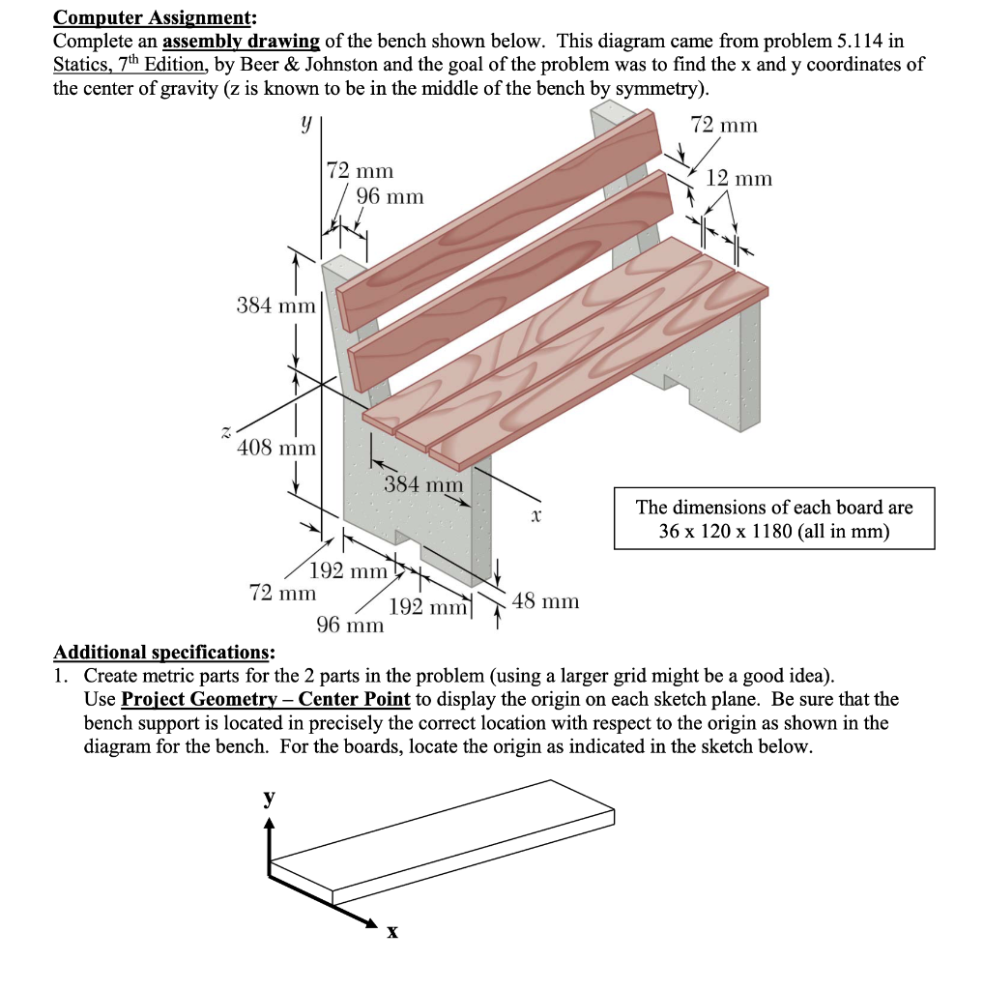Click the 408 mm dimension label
276,448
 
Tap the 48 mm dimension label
545,601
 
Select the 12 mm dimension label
739,179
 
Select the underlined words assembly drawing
242,41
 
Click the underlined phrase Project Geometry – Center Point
267,699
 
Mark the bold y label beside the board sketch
270,799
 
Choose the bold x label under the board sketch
391,933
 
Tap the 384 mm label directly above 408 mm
276,306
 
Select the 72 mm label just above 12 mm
725,125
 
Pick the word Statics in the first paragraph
81,64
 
